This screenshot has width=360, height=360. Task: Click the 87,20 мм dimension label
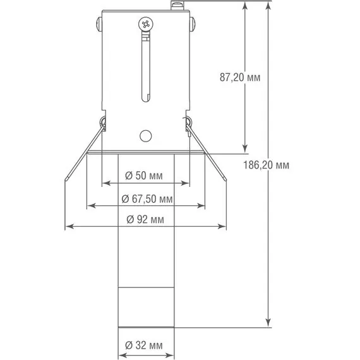(x=240, y=78)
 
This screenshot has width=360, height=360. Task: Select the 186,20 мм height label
(x=266, y=165)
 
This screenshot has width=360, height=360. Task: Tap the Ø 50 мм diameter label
(x=144, y=176)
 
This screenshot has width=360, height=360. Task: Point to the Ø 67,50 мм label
(x=147, y=199)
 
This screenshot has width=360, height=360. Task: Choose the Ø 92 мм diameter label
(x=145, y=220)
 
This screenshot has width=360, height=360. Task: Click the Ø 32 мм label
(x=144, y=345)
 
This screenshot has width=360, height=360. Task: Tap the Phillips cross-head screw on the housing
(x=146, y=24)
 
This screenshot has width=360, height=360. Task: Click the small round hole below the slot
(x=145, y=136)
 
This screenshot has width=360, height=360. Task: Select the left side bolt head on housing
(x=99, y=24)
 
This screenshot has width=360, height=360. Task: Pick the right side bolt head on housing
(x=193, y=24)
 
